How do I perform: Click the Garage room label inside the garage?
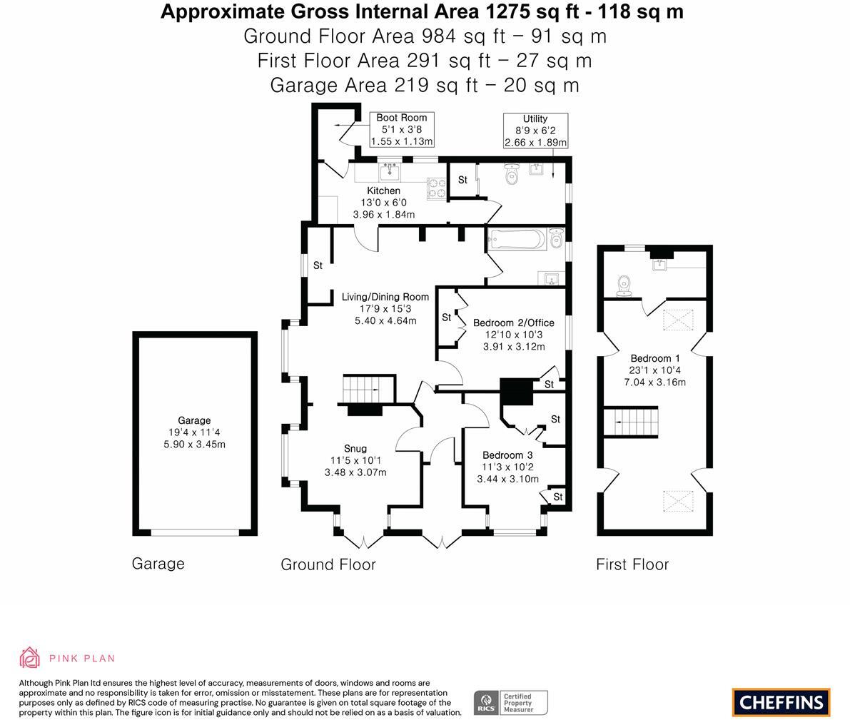194,421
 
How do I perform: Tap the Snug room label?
355,448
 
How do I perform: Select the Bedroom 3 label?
507,455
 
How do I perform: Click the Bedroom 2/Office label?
513,323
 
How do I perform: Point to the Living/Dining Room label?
385,297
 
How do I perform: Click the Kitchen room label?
383,191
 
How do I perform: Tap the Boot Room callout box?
402,129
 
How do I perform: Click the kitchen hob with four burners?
436,188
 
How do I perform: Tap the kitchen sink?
390,171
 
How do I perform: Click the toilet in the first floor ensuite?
625,285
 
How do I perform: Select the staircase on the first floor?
631,422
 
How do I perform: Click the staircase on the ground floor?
368,389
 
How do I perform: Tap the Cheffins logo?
781,702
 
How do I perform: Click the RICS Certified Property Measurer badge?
511,703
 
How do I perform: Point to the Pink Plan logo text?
81,659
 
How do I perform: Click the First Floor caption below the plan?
632,564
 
